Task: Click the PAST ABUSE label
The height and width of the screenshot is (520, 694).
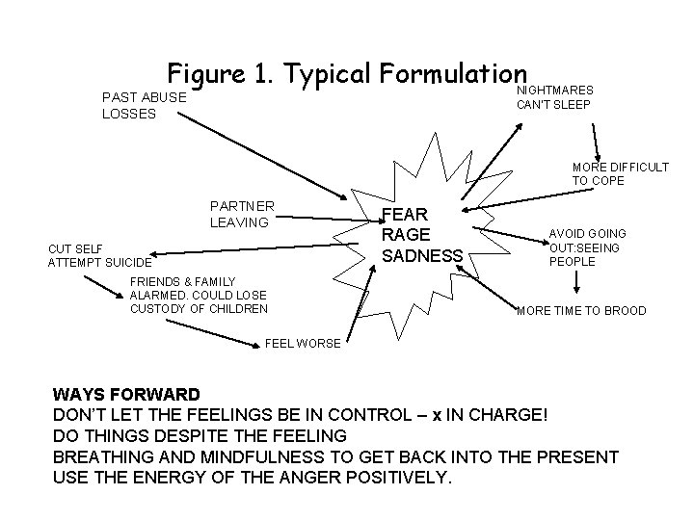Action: coord(145,98)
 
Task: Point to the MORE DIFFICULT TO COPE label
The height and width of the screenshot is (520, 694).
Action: coord(620,173)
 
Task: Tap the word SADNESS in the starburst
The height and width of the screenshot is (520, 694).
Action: coord(423,256)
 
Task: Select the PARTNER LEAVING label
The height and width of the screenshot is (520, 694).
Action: coord(242,214)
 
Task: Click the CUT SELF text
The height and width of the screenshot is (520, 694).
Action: coord(76,247)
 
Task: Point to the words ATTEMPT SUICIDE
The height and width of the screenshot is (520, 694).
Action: coord(99,262)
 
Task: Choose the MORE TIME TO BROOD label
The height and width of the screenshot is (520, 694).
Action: coord(581,311)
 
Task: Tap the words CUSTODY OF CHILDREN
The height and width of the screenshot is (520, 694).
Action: coord(199,308)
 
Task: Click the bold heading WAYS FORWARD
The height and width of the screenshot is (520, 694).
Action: coord(127,395)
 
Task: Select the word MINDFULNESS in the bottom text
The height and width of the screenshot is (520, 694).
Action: coord(244,455)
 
